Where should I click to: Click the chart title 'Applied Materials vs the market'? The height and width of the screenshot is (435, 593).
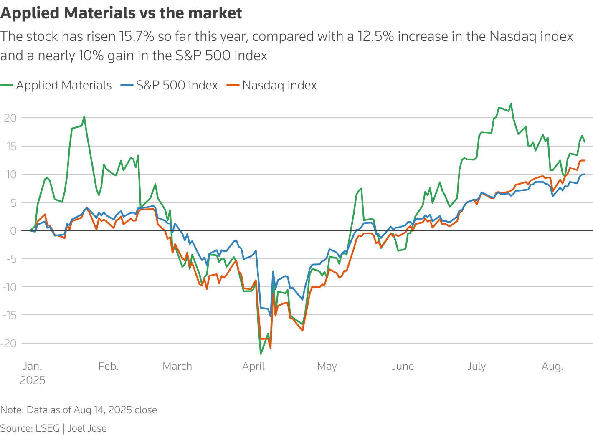click(121, 13)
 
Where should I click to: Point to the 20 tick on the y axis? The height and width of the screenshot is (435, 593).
click(10, 118)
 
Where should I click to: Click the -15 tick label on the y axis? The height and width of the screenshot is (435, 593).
click(9, 315)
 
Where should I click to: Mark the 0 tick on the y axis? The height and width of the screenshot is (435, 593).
click(14, 230)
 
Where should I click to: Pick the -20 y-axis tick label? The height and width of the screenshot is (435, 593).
click(9, 344)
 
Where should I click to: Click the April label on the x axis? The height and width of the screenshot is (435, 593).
click(253, 367)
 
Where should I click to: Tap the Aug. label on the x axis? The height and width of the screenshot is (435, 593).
click(552, 367)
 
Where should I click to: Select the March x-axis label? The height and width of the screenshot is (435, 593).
click(177, 367)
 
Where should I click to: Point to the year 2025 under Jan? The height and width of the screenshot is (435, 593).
click(33, 381)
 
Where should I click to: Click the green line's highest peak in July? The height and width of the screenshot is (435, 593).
click(511, 104)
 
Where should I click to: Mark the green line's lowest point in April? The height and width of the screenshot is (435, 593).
click(261, 354)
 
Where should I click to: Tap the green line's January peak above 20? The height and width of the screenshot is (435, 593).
click(84, 116)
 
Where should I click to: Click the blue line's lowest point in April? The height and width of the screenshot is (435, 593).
click(271, 316)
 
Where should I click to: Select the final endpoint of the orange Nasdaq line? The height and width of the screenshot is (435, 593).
click(584, 160)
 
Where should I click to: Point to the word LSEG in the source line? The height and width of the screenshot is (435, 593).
click(48, 428)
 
